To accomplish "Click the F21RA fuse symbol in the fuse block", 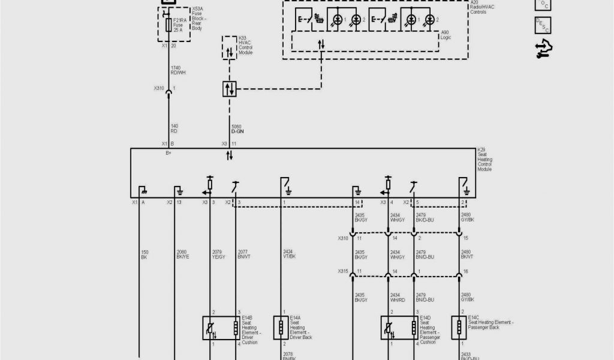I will coord(168,25).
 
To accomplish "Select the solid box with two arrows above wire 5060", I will coord(229,89).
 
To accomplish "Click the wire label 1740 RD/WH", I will coord(177,70).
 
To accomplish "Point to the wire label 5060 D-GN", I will coord(238,128).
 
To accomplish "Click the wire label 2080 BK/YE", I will coord(182,254).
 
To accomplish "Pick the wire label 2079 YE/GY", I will coord(219,254).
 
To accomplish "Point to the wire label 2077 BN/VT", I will coord(245,254).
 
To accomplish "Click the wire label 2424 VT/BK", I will coord(288,254).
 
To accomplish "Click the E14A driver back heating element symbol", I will coord(280,327).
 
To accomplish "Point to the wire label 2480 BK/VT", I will coord(467,254).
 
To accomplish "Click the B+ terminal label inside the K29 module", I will coord(169,153).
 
